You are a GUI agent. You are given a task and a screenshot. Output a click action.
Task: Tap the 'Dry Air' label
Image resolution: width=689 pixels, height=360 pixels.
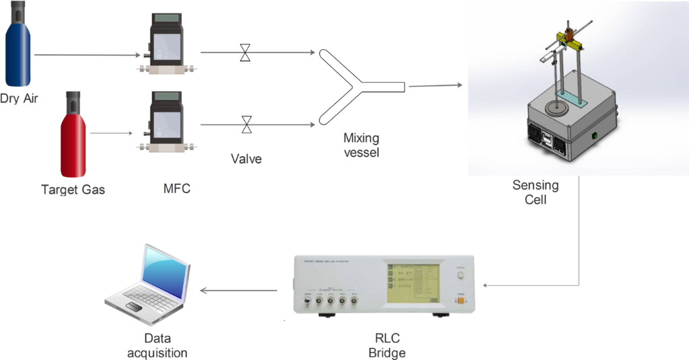click(19, 99)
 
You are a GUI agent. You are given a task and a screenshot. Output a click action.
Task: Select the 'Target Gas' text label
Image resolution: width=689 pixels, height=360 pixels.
click(73, 190)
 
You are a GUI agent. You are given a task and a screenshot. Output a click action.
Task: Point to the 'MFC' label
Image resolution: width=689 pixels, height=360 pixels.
click(177, 189)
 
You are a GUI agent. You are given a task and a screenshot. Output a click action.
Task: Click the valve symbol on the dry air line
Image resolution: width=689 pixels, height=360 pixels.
click(246, 52)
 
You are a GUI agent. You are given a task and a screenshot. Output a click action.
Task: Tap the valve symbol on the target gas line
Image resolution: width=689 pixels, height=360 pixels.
click(247, 124)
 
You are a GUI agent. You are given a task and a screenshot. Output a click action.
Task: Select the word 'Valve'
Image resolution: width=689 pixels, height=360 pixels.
click(246, 159)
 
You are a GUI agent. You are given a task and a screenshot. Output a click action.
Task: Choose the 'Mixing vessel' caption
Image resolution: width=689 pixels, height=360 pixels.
click(361, 145)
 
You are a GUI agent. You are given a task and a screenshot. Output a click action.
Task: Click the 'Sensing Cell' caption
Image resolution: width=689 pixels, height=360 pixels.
click(536, 192)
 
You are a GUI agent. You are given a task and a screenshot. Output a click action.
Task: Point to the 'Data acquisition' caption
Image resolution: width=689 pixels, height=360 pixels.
click(157, 345)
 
